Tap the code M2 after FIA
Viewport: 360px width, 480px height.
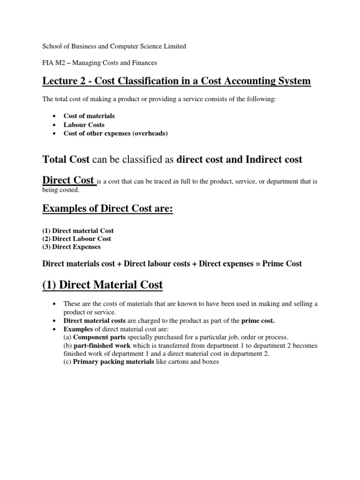61,62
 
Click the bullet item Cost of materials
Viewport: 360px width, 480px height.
89,116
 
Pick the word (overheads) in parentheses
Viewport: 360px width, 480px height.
150,134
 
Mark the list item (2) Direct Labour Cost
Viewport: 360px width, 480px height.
77,239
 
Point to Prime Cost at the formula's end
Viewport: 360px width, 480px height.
282,264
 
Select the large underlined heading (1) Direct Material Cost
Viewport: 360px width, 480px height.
103,285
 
